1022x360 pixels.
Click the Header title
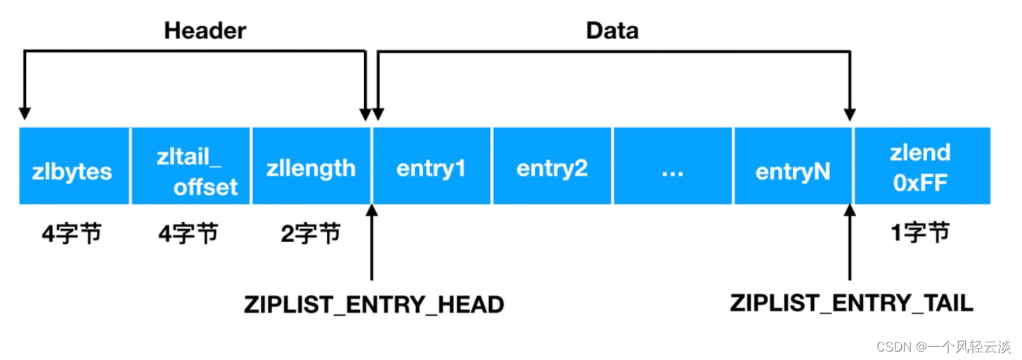click(x=205, y=31)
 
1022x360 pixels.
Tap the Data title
click(x=612, y=31)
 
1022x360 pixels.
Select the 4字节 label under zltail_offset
click(x=188, y=233)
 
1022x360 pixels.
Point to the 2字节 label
click(x=311, y=233)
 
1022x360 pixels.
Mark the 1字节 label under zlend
click(x=921, y=233)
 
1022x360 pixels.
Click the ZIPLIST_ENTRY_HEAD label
click(x=374, y=304)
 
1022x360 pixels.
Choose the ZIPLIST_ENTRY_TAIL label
click(x=851, y=303)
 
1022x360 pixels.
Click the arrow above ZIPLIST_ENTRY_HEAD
click(x=371, y=243)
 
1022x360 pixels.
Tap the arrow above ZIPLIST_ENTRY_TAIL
click(x=850, y=243)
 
